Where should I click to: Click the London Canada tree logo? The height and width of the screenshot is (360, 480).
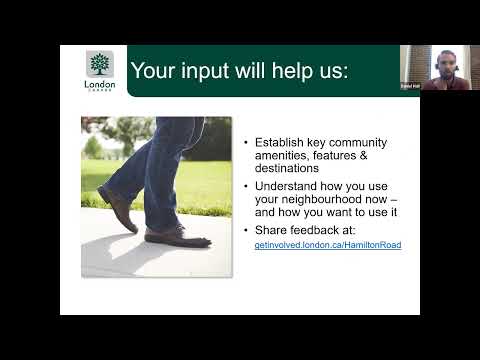(100, 65)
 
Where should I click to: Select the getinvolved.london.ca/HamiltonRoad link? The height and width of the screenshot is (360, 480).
(328, 244)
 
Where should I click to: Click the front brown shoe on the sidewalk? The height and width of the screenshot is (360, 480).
(177, 237)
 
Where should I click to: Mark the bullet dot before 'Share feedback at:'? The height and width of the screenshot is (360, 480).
(246, 229)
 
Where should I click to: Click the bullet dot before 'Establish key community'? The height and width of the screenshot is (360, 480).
(246, 142)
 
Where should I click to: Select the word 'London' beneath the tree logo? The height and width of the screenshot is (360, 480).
(100, 84)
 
